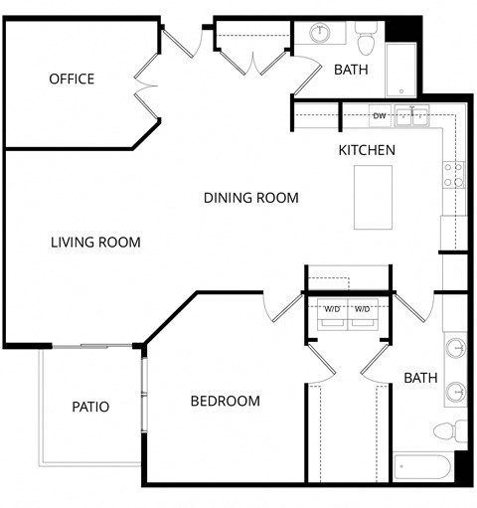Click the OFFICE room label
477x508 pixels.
tap(72, 79)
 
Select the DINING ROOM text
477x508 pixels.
tap(250, 198)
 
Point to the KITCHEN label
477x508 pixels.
tap(367, 150)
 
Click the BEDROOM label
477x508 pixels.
tap(225, 402)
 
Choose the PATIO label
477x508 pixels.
tap(90, 407)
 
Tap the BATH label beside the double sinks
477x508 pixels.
tap(420, 378)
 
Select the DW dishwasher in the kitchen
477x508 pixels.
tap(379, 116)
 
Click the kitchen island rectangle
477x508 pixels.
tap(374, 197)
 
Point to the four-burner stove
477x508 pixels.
tap(453, 175)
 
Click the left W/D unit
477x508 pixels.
tap(331, 312)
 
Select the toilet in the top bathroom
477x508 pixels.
tap(365, 41)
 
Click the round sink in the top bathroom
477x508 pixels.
tap(321, 34)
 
